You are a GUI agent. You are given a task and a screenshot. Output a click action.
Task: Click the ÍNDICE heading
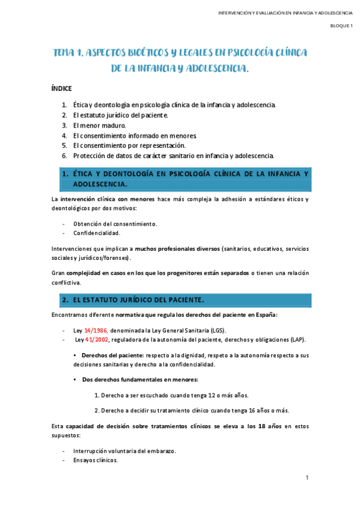[61, 88]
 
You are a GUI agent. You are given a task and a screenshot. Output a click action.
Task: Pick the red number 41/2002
[99, 340]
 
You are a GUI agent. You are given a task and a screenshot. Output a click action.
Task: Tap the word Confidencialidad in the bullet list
[97, 233]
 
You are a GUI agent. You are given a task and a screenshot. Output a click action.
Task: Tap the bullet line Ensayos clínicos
[96, 461]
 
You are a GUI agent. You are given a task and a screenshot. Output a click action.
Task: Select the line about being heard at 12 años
[171, 395]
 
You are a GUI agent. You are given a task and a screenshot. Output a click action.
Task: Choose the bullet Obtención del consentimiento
[115, 224]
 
